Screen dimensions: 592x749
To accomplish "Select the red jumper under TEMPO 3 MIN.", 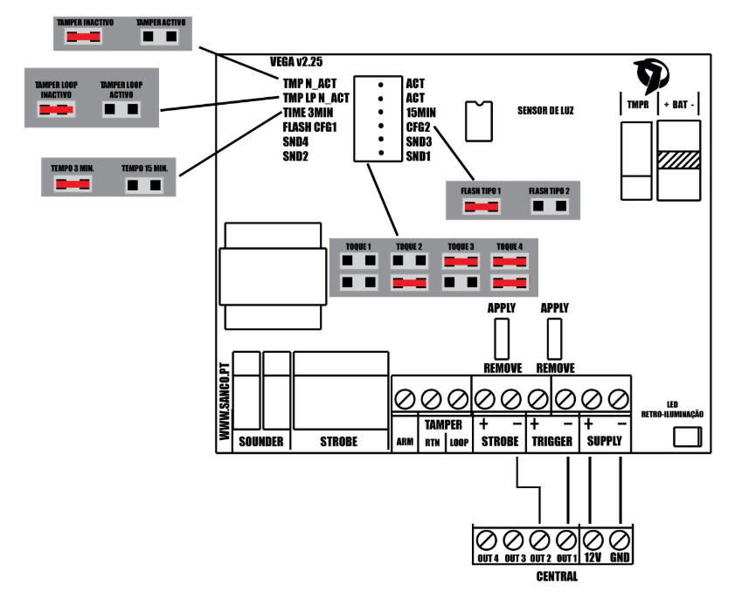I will (x=73, y=185).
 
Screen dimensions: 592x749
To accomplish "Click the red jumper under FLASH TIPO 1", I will (x=481, y=207).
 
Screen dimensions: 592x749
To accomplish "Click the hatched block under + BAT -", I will (x=679, y=161).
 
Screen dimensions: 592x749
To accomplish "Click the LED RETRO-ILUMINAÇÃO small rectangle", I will (x=689, y=437).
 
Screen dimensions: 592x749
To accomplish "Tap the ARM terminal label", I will (x=405, y=443).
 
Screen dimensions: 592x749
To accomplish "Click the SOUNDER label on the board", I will (x=260, y=442).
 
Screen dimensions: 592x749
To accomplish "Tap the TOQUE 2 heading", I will (x=408, y=247).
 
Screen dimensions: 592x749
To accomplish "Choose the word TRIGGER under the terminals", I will (x=552, y=442).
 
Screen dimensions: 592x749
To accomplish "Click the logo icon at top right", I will (x=652, y=75).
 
